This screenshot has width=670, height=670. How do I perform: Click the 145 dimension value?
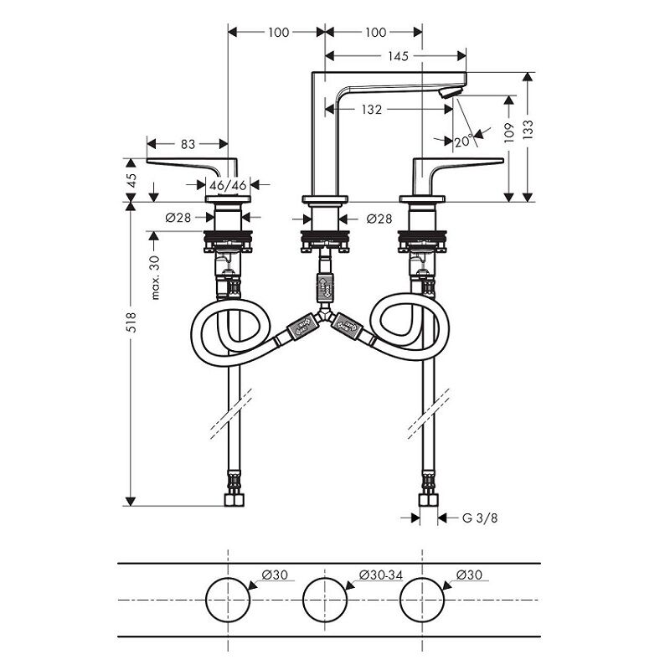click(x=398, y=56)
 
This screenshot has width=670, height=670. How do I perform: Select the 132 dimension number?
click(x=371, y=110)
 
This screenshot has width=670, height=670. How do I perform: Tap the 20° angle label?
click(x=464, y=141)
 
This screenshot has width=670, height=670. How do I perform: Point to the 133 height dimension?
click(x=528, y=130)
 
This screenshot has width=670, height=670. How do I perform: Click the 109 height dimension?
click(x=508, y=132)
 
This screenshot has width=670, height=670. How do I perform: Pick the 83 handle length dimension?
click(x=188, y=144)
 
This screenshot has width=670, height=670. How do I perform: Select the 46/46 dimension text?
click(x=228, y=185)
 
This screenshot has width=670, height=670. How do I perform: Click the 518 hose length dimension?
click(x=131, y=322)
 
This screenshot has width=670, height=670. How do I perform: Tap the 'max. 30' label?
click(x=155, y=278)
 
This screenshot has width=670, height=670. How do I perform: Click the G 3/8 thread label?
click(x=480, y=518)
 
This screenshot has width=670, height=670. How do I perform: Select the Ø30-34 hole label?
click(x=381, y=575)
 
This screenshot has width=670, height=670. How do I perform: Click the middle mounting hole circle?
click(x=325, y=600)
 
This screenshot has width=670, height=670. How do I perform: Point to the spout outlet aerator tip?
click(x=452, y=92)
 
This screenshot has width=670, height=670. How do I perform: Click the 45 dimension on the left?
click(x=132, y=180)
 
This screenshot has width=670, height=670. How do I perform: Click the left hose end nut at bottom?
click(x=234, y=500)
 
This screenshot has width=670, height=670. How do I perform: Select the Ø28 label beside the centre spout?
click(x=379, y=219)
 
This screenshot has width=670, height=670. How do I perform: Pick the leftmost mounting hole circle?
click(x=228, y=600)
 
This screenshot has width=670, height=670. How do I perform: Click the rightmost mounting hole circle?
click(x=422, y=600)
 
